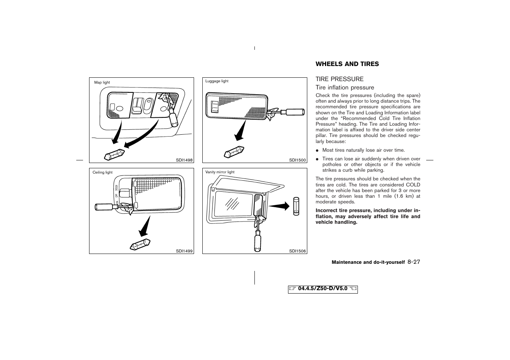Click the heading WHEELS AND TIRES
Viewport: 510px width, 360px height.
pyautogui.click(x=347, y=64)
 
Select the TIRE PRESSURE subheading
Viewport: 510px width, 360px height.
pyautogui.click(x=339, y=79)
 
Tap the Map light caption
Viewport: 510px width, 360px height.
pyautogui.click(x=102, y=83)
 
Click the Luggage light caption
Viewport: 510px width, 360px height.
pyautogui.click(x=217, y=81)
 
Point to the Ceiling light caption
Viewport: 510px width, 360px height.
pyautogui.click(x=102, y=172)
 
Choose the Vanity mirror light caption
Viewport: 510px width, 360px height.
pyautogui.click(x=220, y=172)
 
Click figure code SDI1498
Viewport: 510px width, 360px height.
pyautogui.click(x=184, y=160)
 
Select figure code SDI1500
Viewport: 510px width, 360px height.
pyautogui.click(x=297, y=160)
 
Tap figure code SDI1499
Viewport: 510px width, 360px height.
pyautogui.click(x=184, y=251)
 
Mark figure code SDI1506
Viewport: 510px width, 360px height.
pyautogui.click(x=297, y=251)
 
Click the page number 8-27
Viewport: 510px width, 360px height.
pyautogui.click(x=414, y=262)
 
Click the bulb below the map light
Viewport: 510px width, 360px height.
pyautogui.click(x=114, y=155)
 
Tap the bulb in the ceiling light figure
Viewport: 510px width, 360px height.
pyautogui.click(x=140, y=244)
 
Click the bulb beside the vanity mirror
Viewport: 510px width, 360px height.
pyautogui.click(x=296, y=206)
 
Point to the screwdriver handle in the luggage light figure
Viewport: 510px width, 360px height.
pyautogui.click(x=295, y=112)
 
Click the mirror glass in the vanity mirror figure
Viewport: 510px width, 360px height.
pyautogui.click(x=233, y=204)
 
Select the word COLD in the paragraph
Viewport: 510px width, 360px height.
pyautogui.click(x=413, y=185)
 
